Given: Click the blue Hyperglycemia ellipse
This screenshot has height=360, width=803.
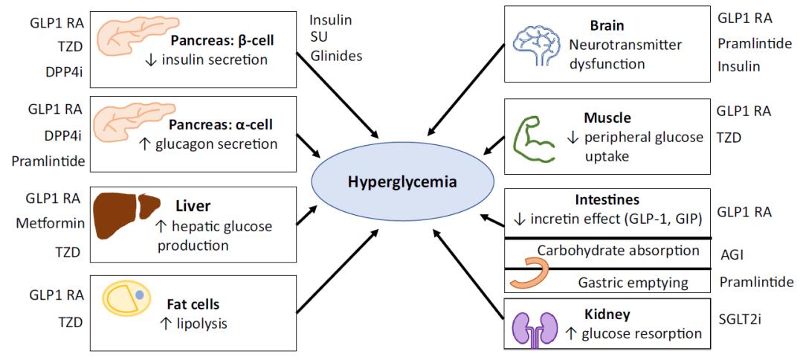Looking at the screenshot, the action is [403, 182].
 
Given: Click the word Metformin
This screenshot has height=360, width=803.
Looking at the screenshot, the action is [50, 223].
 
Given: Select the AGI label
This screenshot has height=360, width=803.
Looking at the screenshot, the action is [732, 254].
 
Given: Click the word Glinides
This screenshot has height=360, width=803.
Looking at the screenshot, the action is [335, 56].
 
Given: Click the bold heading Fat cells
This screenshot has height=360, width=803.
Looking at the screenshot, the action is [193, 305].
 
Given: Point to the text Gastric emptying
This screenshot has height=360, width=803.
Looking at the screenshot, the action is [633, 282].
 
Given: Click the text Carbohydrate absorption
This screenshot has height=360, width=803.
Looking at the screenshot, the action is [619, 251].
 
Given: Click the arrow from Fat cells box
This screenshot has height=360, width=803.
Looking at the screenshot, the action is [338, 271].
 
